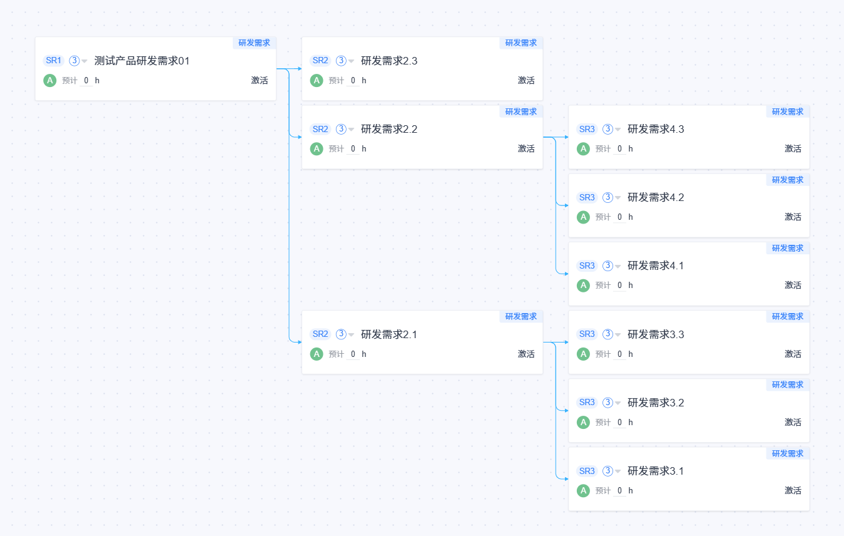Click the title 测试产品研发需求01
click(x=141, y=61)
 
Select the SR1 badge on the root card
click(x=54, y=60)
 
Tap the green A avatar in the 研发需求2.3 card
click(x=317, y=80)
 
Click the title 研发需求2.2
click(x=389, y=129)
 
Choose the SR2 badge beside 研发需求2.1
click(x=320, y=334)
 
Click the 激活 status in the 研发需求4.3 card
click(x=793, y=148)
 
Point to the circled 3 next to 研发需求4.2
click(x=608, y=197)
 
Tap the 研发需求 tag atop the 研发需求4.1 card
click(x=788, y=248)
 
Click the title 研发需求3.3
click(x=656, y=334)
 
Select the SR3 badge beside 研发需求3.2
click(x=587, y=403)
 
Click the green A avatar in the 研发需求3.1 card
click(x=583, y=490)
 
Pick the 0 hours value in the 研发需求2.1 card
click(x=353, y=354)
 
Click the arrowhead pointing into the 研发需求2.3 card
click(x=300, y=69)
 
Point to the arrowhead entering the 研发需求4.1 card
click(x=566, y=274)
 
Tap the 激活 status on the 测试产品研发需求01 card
click(x=259, y=80)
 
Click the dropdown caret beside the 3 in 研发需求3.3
click(x=618, y=334)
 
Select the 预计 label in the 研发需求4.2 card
click(x=603, y=217)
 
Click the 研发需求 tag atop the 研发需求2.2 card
click(x=521, y=111)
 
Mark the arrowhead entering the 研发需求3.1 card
click(x=566, y=479)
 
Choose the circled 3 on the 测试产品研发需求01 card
click(x=74, y=60)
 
